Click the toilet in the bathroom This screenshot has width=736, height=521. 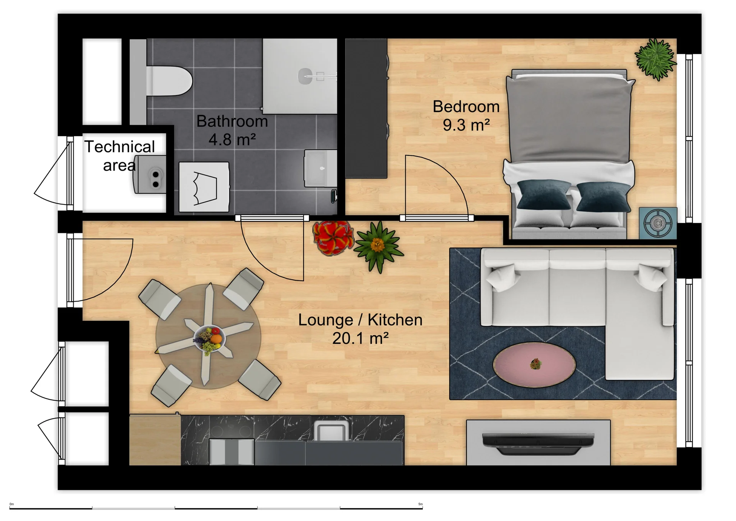pos(169,81)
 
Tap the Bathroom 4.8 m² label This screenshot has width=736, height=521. pos(232,130)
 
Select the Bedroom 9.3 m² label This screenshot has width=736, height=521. pos(466,115)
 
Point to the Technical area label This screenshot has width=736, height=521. pos(120,156)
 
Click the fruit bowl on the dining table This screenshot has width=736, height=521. pos(209,338)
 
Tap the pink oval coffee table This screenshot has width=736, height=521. pos(534,365)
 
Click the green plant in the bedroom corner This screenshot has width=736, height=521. pos(655,59)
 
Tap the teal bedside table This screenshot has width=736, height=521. pos(657,223)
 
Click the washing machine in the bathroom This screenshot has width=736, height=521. pos(204,187)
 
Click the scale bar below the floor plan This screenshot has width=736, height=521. pos(216,508)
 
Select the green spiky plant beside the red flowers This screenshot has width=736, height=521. pos(378,246)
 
